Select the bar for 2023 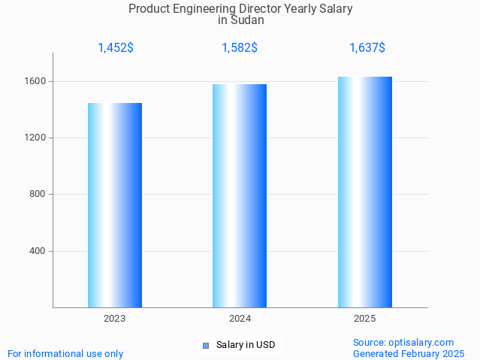[x=115, y=205]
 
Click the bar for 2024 [x=240, y=195]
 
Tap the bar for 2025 [x=365, y=192]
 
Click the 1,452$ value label [x=116, y=48]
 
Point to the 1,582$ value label [x=240, y=48]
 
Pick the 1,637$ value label [x=367, y=48]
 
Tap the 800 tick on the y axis [x=39, y=195]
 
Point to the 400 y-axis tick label [x=39, y=251]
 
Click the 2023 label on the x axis [x=115, y=319]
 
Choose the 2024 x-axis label [x=240, y=319]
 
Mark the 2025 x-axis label [x=365, y=319]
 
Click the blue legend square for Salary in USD [x=205, y=346]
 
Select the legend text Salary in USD [x=246, y=346]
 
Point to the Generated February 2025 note [x=409, y=353]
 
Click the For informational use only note [x=65, y=353]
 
